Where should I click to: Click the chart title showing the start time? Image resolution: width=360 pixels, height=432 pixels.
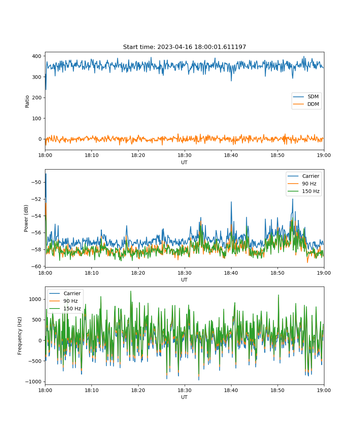coord(184,47)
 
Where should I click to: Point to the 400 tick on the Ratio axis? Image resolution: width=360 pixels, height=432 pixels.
coord(37,56)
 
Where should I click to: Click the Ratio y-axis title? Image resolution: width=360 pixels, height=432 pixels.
coord(27,102)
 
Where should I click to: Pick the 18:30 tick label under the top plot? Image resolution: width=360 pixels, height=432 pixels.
coord(184,155)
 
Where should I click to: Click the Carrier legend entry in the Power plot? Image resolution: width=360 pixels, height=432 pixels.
coord(303,176)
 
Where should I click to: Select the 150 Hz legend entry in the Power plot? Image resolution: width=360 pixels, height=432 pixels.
coord(303,191)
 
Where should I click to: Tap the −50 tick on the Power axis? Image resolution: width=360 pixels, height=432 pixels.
coord(36,182)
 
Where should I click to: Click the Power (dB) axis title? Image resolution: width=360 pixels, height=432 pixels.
coord(26,218)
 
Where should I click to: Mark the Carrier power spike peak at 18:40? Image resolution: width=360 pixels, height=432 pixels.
coord(231,202)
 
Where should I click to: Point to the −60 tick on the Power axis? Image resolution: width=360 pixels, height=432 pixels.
coord(36,266)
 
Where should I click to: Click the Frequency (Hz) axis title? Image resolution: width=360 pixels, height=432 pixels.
coord(20,336)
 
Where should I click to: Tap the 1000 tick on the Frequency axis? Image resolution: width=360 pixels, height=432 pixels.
coord(35,299)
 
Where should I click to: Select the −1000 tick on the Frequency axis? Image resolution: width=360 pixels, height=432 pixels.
coord(33,382)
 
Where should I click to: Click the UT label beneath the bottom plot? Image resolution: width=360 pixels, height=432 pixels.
coord(184,397)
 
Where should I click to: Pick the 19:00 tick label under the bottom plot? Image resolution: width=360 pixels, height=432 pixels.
coord(324,390)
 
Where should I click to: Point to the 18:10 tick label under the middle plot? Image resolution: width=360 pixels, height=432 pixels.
coord(91,273)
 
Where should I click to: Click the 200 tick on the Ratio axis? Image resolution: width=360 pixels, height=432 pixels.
coord(37,98)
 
